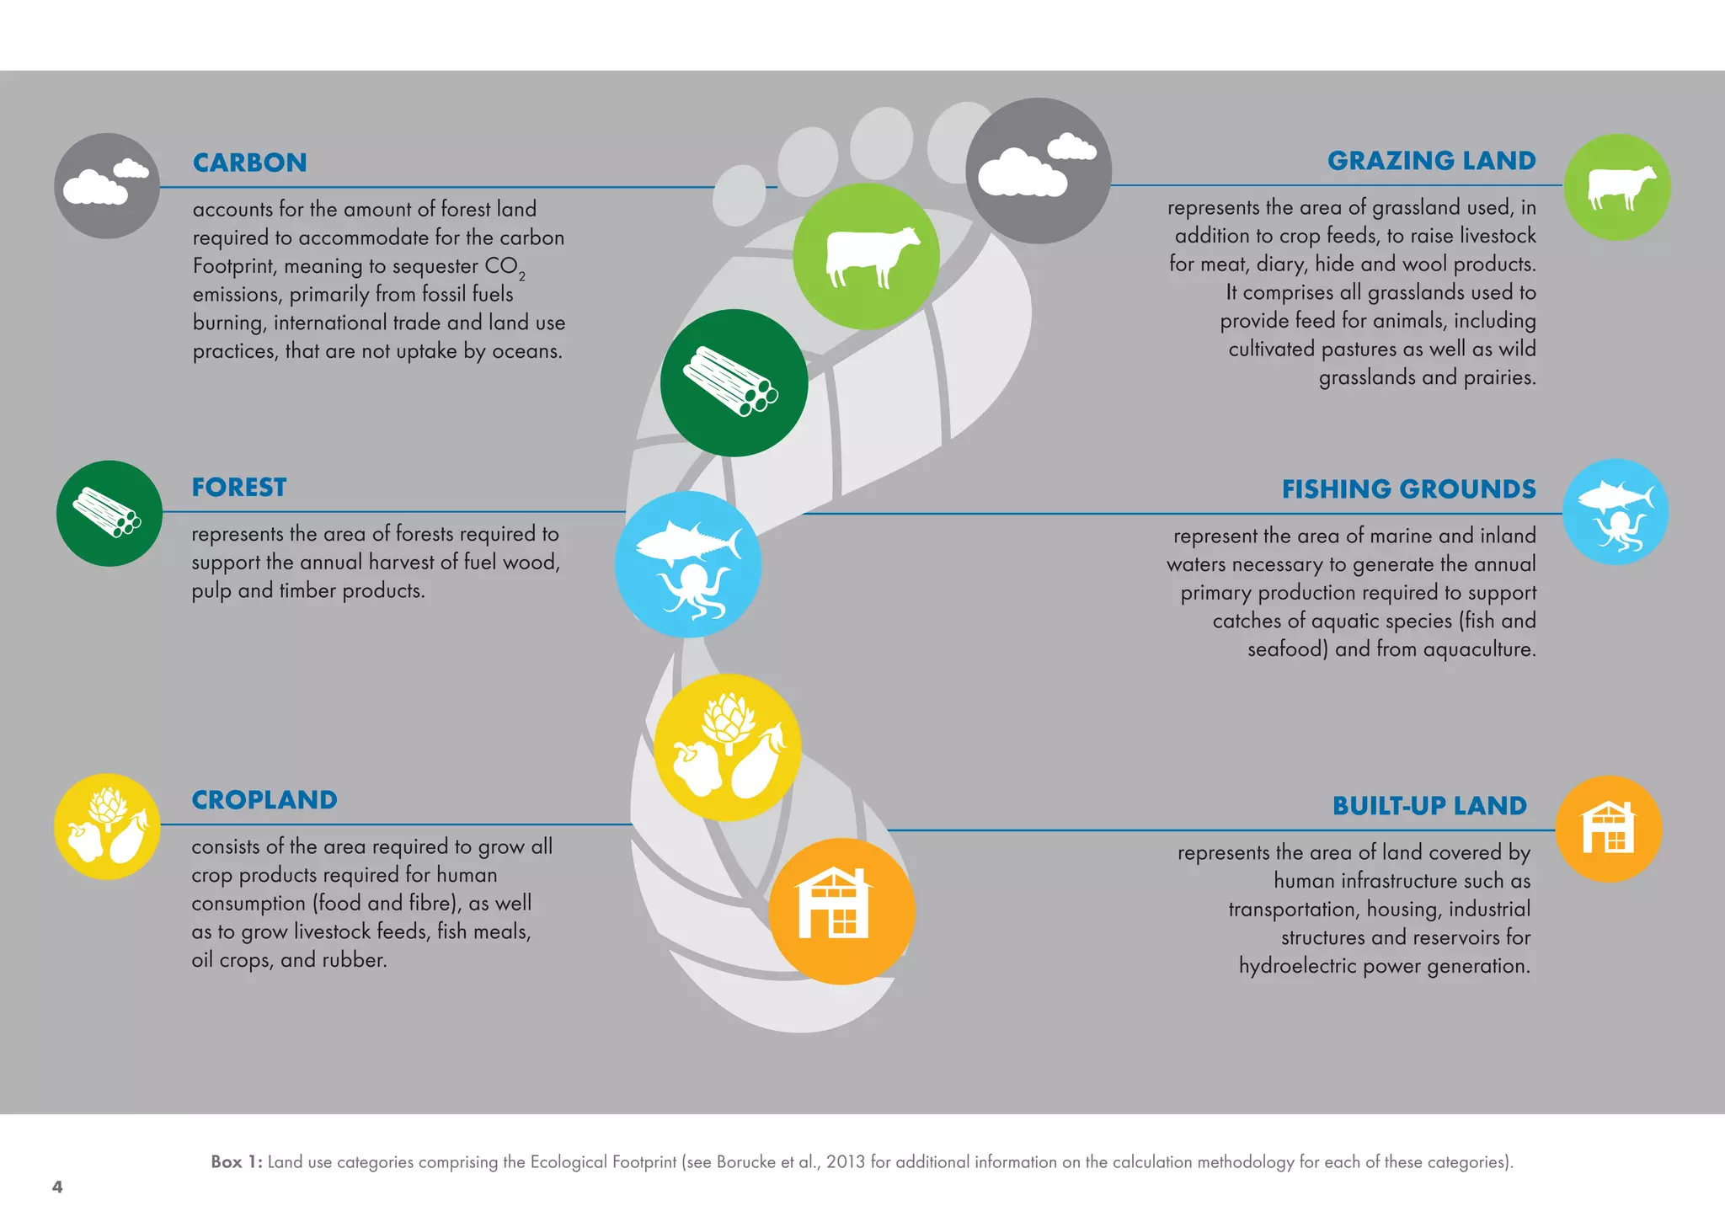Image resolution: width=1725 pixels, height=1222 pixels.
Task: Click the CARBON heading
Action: [x=249, y=163]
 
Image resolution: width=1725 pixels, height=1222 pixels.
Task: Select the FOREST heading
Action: [x=239, y=488]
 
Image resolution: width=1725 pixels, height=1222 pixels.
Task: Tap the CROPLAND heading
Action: [x=264, y=800]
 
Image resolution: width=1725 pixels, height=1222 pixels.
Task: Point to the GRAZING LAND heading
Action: [x=1431, y=161]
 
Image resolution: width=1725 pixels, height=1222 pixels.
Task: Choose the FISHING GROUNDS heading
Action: [x=1408, y=489]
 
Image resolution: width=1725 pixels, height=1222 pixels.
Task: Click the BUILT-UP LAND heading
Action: [x=1429, y=806]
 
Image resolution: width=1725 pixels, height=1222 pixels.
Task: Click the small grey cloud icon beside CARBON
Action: [x=107, y=186]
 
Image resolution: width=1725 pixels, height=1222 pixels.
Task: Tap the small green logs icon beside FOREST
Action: [x=109, y=513]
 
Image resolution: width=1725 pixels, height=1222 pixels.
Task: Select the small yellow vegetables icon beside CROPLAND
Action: [x=107, y=827]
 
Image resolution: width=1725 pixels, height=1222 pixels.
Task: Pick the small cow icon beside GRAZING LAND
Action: [x=1617, y=187]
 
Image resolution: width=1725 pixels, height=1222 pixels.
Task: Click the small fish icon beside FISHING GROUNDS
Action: [x=1616, y=512]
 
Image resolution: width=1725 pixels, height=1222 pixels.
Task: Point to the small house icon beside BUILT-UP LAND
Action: [x=1609, y=829]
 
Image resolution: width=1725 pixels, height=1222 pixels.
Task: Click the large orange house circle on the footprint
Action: [x=841, y=911]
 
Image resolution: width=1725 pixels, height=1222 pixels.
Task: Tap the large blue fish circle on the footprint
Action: [x=688, y=564]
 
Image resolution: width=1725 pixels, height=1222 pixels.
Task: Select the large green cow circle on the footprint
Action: [x=867, y=256]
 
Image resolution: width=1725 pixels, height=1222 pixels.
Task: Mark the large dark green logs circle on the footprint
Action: [x=734, y=383]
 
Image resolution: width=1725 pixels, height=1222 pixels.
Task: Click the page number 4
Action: [x=57, y=1187]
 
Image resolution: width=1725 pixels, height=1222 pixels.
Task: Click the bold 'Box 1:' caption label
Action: [x=237, y=1162]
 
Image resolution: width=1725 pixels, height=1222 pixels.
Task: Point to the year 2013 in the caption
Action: [x=846, y=1162]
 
